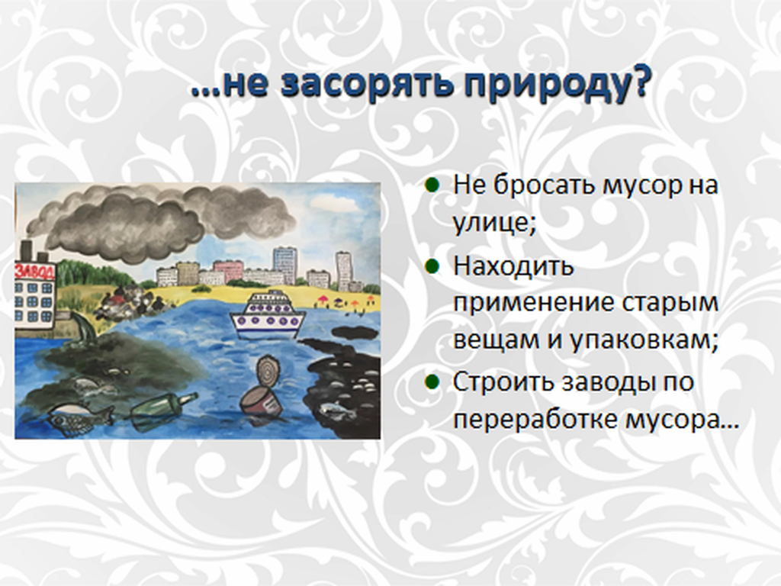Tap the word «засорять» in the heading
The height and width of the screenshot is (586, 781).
pyautogui.click(x=367, y=82)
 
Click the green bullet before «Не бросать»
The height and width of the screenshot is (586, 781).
pyautogui.click(x=432, y=185)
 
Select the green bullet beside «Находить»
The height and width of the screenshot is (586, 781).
pyautogui.click(x=432, y=266)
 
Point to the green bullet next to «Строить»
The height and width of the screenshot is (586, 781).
pyautogui.click(x=432, y=382)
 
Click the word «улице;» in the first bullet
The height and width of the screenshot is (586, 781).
pyautogui.click(x=494, y=222)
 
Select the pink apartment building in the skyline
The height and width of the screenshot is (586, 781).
pyautogui.click(x=228, y=271)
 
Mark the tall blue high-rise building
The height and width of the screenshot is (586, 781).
pyautogui.click(x=284, y=265)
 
